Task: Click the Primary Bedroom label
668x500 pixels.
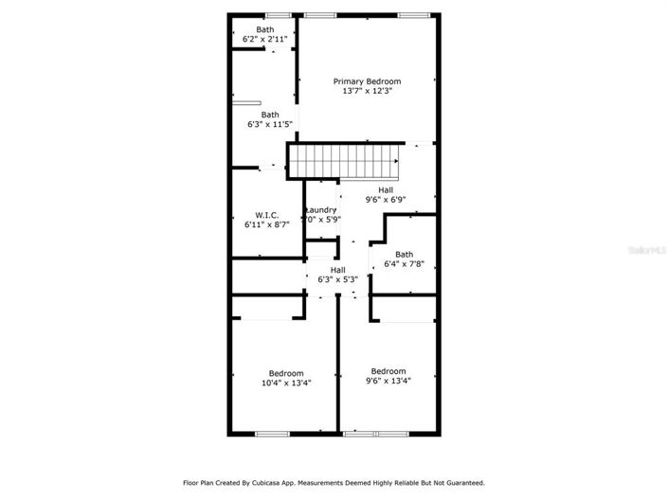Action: (x=367, y=81)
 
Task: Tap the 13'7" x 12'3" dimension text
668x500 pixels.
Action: (x=367, y=92)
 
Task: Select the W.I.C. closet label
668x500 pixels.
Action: (x=265, y=214)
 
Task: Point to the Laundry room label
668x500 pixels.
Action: (x=320, y=209)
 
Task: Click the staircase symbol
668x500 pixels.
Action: (x=345, y=161)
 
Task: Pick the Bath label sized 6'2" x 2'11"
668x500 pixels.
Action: (x=264, y=29)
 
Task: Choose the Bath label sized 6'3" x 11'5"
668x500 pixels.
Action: (x=270, y=115)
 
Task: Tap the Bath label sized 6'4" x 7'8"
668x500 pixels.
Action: (x=405, y=254)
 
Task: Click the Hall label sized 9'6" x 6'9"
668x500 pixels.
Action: (x=386, y=189)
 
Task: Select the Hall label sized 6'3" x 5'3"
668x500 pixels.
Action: (x=337, y=270)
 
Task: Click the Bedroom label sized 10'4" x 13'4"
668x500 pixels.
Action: (x=286, y=372)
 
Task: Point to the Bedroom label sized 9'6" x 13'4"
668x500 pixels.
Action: (x=388, y=371)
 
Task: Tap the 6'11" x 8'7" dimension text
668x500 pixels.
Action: (x=265, y=225)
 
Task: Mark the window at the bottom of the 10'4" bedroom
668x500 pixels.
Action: (x=273, y=434)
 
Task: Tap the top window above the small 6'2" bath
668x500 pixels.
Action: (x=277, y=15)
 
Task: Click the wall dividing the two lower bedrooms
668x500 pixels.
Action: (x=338, y=369)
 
